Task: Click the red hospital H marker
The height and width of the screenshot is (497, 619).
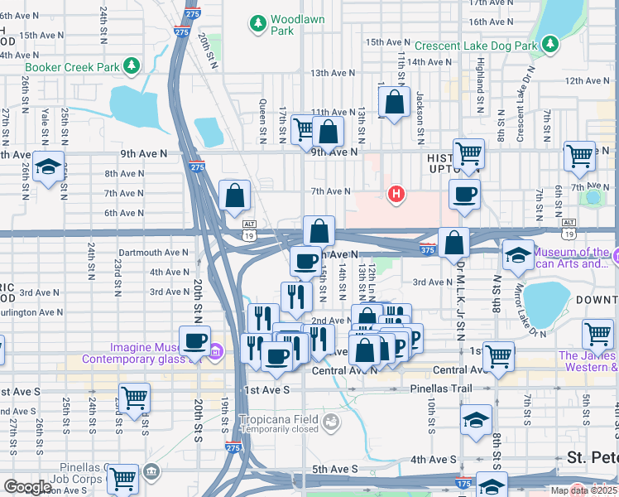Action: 396,195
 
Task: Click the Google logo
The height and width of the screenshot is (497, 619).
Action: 28,487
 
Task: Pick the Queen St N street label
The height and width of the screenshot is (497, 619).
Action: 263,118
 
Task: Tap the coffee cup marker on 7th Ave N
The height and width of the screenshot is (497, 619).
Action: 464,194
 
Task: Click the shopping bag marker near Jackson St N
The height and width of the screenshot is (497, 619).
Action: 395,103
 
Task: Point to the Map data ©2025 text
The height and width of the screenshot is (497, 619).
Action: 584,490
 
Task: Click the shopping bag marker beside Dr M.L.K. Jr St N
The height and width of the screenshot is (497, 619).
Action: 454,243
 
